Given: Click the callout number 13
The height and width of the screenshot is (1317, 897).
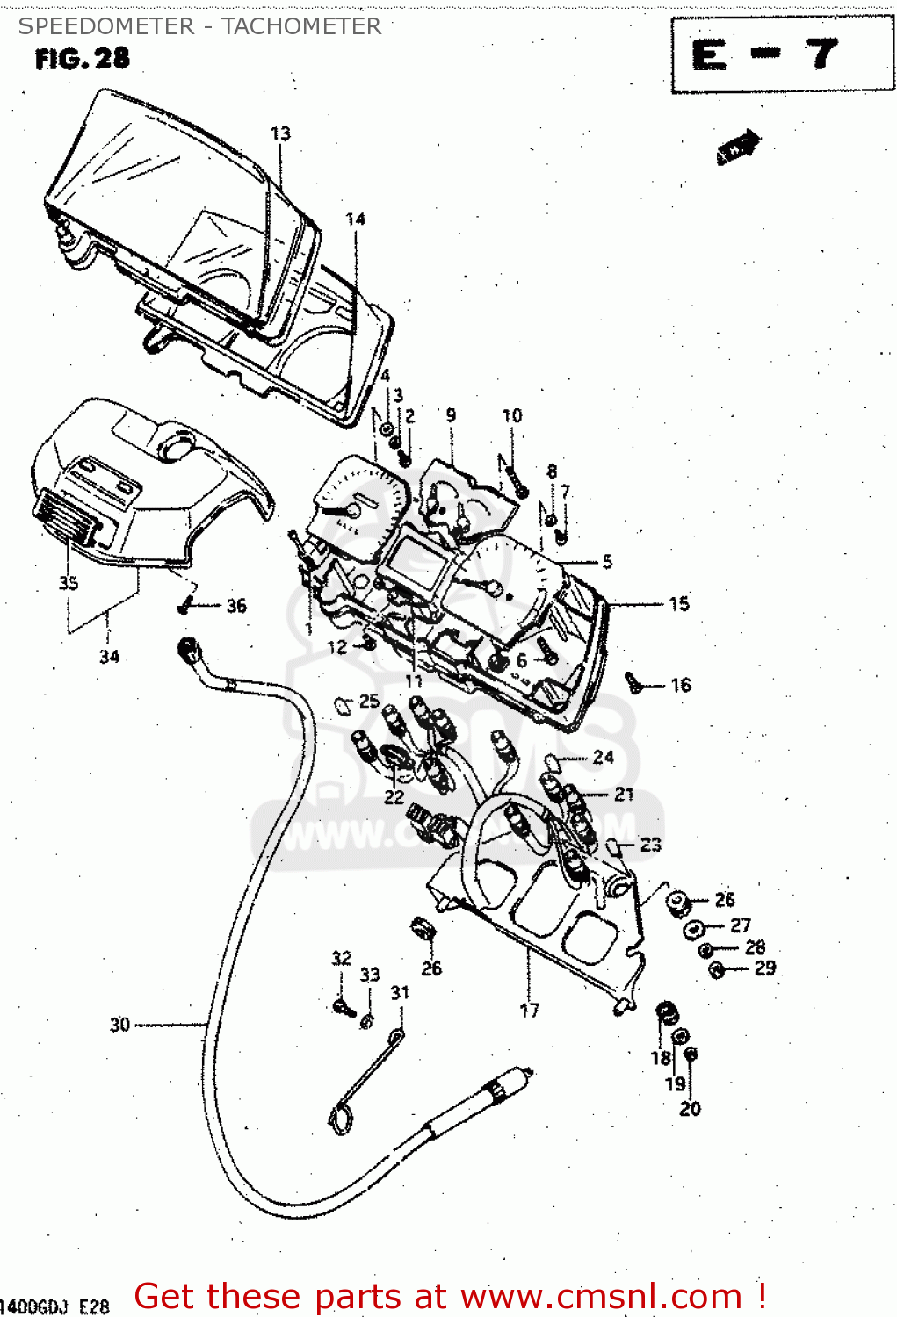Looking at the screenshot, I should [280, 133].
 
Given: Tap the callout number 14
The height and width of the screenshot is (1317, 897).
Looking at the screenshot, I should [355, 219].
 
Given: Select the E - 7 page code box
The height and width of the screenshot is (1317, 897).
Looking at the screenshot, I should [781, 54].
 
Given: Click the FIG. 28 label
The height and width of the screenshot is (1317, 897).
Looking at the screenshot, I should [82, 59].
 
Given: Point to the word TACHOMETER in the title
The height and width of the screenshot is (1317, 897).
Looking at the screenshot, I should [300, 26].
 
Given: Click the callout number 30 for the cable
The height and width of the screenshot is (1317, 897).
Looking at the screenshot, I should [119, 1025].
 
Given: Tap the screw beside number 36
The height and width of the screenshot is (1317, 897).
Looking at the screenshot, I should [187, 605].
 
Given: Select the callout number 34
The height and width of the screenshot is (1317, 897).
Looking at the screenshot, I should [109, 656].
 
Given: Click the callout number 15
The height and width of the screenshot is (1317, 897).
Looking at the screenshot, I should [679, 604].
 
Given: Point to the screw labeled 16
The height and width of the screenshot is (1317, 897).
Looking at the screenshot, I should [634, 681].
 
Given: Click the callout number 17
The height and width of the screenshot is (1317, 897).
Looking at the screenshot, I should [529, 1011].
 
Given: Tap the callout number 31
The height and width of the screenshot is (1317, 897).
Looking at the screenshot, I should [400, 992].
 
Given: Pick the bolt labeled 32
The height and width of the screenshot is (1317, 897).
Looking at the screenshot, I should [343, 1007].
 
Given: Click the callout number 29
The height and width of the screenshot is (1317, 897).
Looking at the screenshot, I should [765, 968].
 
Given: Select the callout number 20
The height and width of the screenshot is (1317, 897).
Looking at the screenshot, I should [691, 1109].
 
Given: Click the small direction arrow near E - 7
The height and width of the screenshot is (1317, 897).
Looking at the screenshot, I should [737, 148].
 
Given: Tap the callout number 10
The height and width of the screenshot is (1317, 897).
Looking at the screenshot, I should [512, 415].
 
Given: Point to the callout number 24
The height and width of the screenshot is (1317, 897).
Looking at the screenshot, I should [604, 757].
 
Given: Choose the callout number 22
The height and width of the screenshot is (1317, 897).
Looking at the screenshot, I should [394, 796].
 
